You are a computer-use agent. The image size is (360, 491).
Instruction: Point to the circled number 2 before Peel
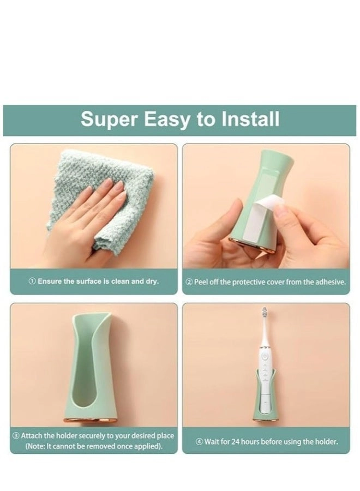[x=189, y=282]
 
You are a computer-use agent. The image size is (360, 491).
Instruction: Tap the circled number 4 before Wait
[x=200, y=441]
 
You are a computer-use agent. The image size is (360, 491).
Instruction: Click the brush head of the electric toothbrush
[x=266, y=316]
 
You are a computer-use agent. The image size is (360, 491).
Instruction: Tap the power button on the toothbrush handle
[x=265, y=355]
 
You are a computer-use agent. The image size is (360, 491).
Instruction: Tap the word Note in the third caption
[x=38, y=446]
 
